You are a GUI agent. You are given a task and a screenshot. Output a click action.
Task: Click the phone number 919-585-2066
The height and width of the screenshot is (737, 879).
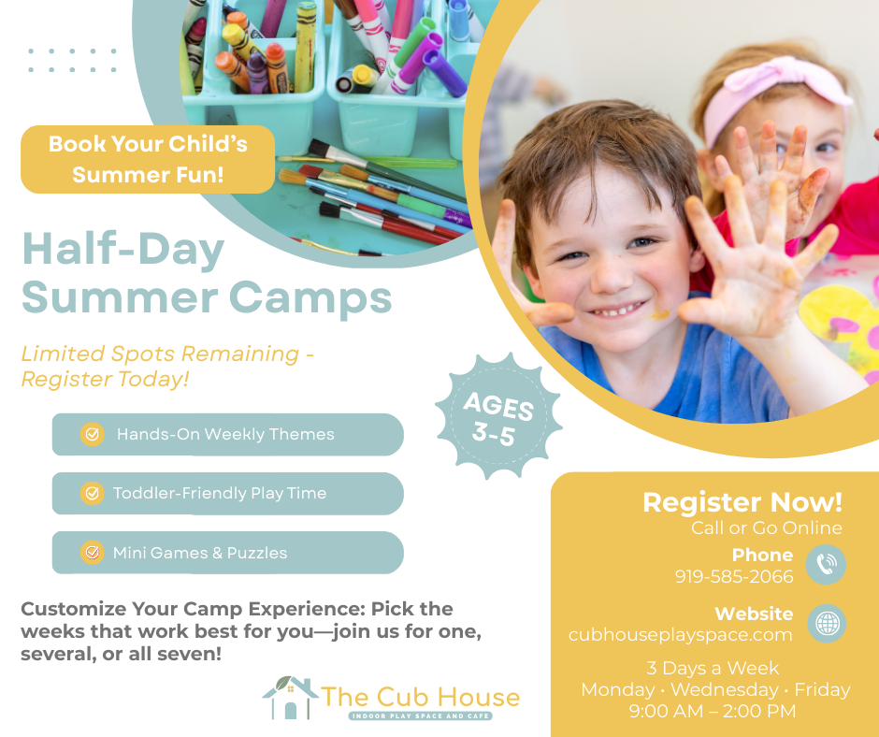pyautogui.click(x=734, y=576)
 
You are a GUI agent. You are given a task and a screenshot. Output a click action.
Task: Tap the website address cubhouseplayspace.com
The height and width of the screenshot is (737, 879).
pyautogui.click(x=680, y=635)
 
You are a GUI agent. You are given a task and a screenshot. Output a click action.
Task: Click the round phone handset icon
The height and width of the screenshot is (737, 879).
pyautogui.click(x=826, y=565)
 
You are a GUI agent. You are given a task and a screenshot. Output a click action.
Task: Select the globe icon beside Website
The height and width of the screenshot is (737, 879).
pyautogui.click(x=827, y=623)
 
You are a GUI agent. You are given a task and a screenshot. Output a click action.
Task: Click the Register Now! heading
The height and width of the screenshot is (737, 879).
pyautogui.click(x=742, y=502)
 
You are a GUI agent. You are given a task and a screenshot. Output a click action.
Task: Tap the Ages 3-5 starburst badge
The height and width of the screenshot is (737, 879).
pyautogui.click(x=497, y=417)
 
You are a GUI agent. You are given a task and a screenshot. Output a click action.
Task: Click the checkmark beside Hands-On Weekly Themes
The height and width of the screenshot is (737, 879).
pyautogui.click(x=92, y=434)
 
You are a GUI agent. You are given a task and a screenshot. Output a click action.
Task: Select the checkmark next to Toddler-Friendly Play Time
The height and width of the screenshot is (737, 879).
pyautogui.click(x=92, y=494)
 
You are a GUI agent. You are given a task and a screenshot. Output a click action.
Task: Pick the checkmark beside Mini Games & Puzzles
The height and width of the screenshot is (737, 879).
pyautogui.click(x=92, y=553)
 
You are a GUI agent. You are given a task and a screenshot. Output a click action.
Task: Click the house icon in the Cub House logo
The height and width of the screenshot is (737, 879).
pyautogui.click(x=290, y=698)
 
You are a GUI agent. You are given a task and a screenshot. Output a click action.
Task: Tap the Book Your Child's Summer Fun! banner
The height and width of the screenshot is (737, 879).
pyautogui.click(x=148, y=159)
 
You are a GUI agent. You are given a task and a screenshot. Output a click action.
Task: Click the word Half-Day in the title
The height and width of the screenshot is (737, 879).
pyautogui.click(x=123, y=249)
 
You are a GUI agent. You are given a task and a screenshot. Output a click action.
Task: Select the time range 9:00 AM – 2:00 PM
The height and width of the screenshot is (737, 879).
pyautogui.click(x=712, y=711)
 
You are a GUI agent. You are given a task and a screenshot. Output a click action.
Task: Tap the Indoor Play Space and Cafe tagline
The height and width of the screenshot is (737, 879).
pyautogui.click(x=421, y=715)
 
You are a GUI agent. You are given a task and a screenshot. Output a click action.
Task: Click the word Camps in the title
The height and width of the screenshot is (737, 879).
pyautogui.click(x=310, y=299)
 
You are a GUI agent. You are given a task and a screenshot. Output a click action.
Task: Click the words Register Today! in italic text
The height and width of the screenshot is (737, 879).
pyautogui.click(x=105, y=380)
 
